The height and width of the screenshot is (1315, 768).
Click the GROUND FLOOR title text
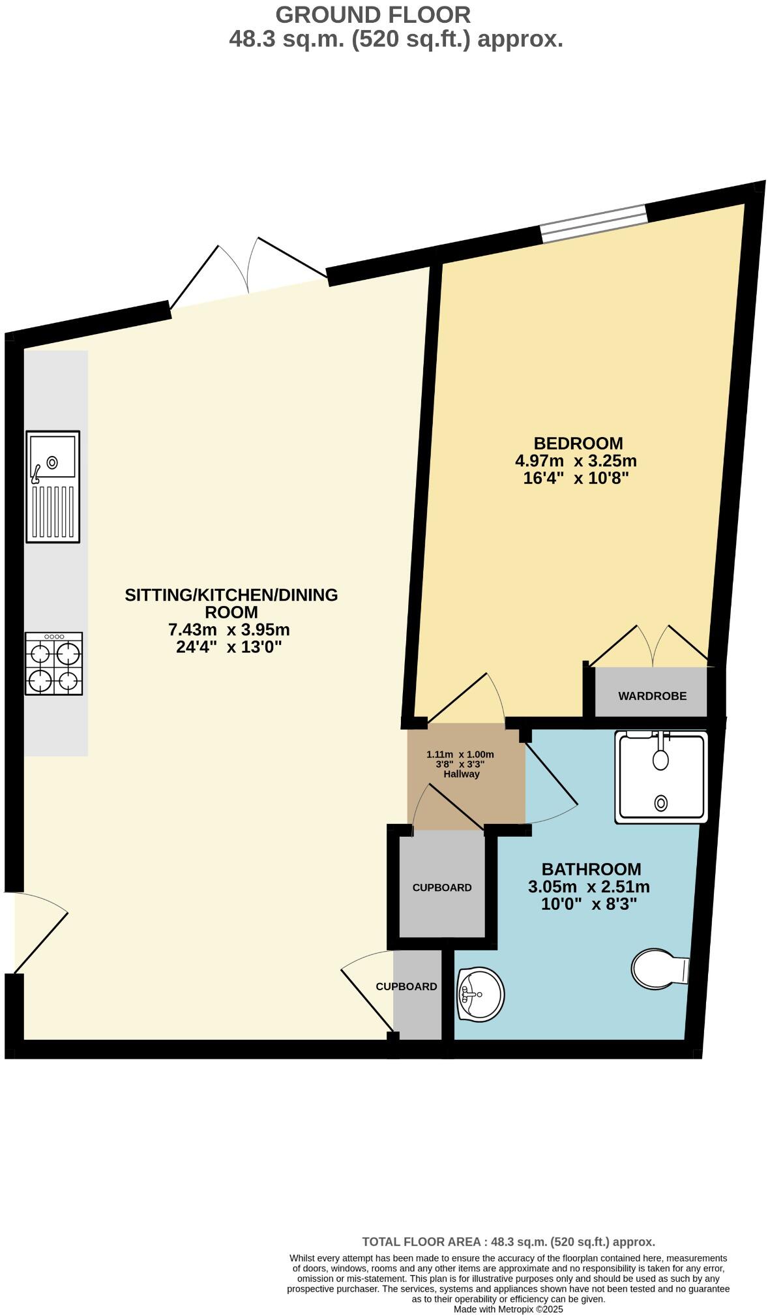(x=372, y=14)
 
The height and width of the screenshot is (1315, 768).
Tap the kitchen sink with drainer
(x=53, y=486)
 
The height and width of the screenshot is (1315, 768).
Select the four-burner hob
(x=54, y=663)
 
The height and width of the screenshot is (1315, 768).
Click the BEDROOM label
(x=578, y=444)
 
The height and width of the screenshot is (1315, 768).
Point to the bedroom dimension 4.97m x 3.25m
(x=576, y=461)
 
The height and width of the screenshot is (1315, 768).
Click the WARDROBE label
(x=652, y=696)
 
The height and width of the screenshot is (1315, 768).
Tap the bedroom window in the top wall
(x=594, y=223)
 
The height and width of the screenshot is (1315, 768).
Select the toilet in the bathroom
(x=660, y=970)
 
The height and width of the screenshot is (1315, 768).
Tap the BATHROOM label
(x=591, y=869)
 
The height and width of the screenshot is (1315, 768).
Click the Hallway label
(x=461, y=774)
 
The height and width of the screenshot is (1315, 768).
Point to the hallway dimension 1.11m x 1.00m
(x=460, y=754)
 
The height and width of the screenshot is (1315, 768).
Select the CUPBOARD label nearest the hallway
(x=441, y=888)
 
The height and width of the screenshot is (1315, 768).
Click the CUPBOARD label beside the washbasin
(x=406, y=986)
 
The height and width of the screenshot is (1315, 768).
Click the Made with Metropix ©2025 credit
(x=508, y=1308)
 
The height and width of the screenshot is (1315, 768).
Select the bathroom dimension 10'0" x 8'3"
(x=589, y=904)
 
